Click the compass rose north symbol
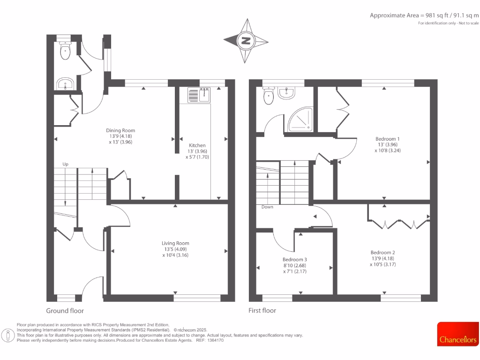click(x=245, y=41)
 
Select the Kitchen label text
click(x=197, y=151)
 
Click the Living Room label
click(x=175, y=249)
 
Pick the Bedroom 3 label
click(x=294, y=265)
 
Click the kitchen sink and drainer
click(x=200, y=95)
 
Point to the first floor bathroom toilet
click(x=269, y=96)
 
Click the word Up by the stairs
click(x=66, y=164)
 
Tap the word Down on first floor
click(x=267, y=207)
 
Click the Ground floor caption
click(x=65, y=310)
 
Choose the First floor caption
click(x=262, y=310)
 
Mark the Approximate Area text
click(x=424, y=15)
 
